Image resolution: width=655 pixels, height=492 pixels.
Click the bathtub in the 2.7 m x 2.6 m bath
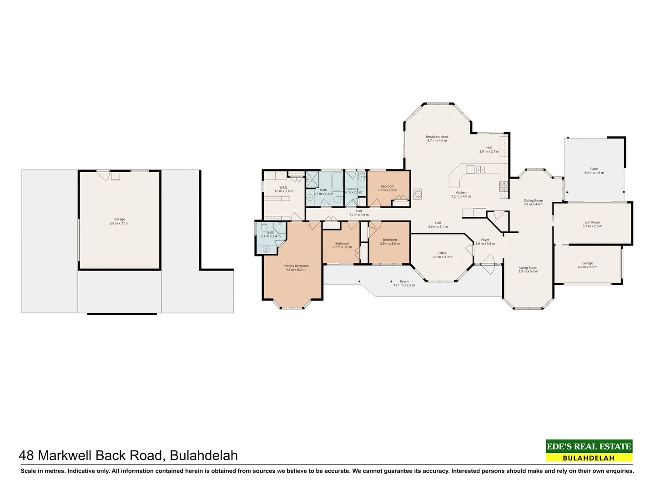pos(337,181)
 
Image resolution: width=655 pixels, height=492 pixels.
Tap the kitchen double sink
pos(480,170)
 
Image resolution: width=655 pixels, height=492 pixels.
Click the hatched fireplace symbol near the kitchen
pos(417,194)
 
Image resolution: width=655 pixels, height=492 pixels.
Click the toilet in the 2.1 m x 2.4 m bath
pos(264,227)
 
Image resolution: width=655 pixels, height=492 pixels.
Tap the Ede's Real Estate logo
pos(589,451)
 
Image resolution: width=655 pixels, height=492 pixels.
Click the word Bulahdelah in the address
pos(203,456)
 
